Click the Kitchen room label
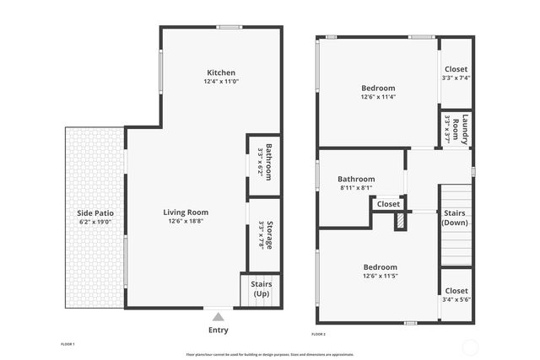point(221,73)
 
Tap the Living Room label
point(186,212)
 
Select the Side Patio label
point(96,213)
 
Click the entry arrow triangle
point(218,315)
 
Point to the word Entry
point(218,330)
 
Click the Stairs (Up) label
point(262,288)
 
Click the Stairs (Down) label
point(456,218)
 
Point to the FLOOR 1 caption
point(68,344)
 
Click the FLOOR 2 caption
point(318,335)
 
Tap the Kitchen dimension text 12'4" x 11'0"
point(221,82)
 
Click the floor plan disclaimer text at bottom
point(269,354)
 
